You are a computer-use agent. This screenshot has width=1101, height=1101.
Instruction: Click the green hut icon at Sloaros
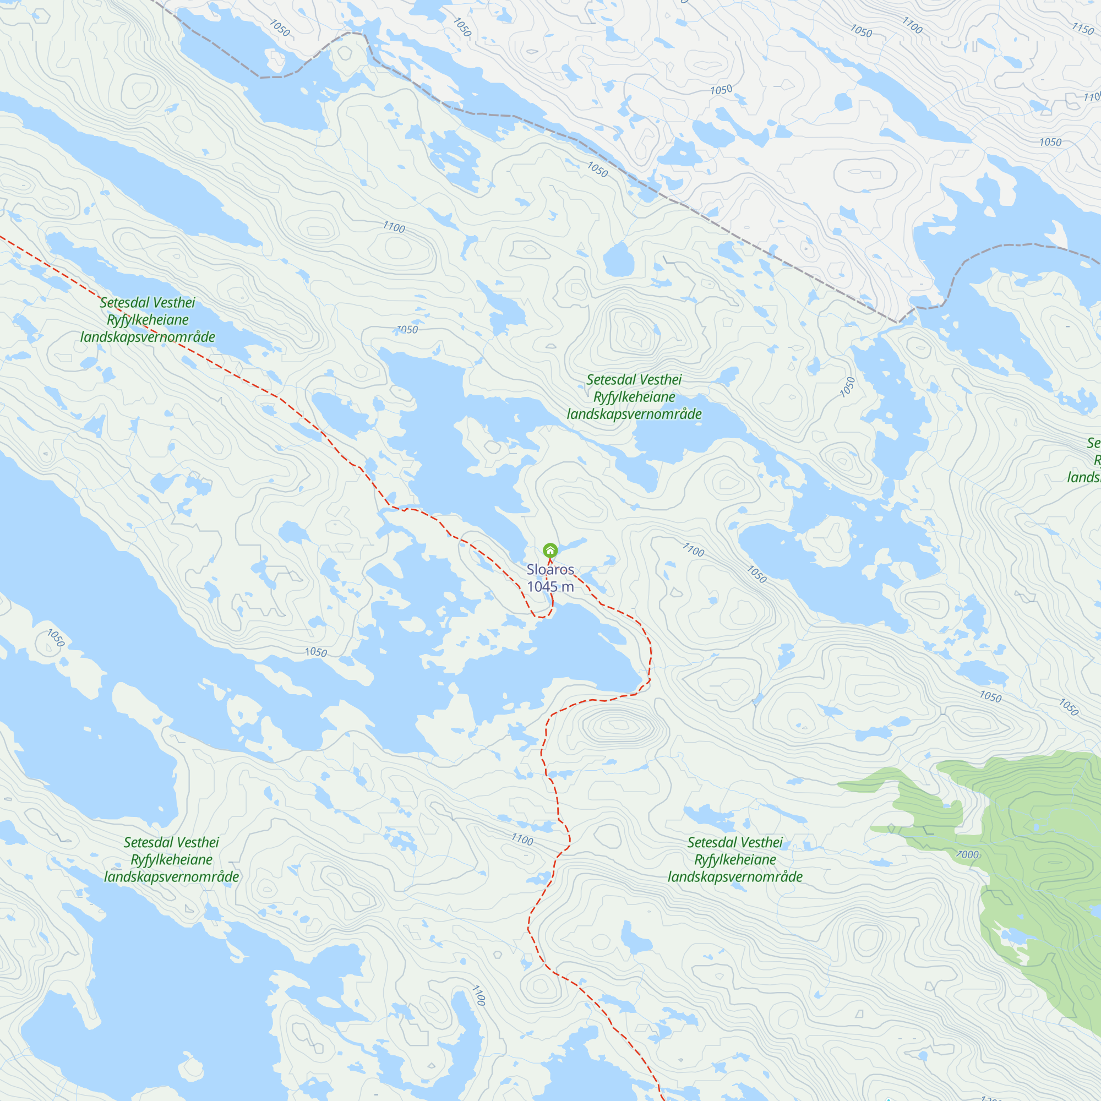click(x=550, y=550)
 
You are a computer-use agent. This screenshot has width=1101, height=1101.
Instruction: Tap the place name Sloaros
click(x=550, y=569)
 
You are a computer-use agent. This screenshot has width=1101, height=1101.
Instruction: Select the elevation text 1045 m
click(x=550, y=586)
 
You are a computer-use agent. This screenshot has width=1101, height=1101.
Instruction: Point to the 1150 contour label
click(x=1082, y=28)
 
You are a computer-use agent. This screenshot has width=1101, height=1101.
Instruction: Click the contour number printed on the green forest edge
click(x=968, y=855)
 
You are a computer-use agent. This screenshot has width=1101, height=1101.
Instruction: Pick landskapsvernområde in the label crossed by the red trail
click(x=148, y=337)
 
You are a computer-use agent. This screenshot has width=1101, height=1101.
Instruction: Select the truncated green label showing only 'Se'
click(x=1093, y=443)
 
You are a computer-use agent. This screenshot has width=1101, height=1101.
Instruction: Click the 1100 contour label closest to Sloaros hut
click(x=694, y=550)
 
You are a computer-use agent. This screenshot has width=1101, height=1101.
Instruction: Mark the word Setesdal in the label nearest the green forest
click(x=710, y=842)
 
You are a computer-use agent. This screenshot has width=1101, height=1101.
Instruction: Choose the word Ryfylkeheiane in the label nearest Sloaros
click(x=634, y=396)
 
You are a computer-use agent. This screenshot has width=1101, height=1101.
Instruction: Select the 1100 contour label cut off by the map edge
click(x=1092, y=97)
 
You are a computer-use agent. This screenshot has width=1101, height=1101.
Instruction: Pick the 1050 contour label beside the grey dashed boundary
click(x=597, y=169)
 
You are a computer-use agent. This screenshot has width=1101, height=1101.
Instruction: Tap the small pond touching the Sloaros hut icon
click(x=573, y=544)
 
